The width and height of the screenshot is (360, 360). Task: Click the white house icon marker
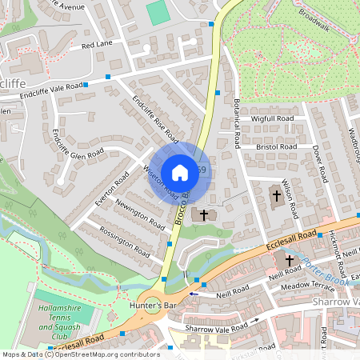pos(180,172)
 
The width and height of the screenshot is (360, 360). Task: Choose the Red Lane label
pos(96,46)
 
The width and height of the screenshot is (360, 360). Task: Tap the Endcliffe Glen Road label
pos(78,144)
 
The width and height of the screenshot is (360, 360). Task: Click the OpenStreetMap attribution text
pos(81,354)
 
